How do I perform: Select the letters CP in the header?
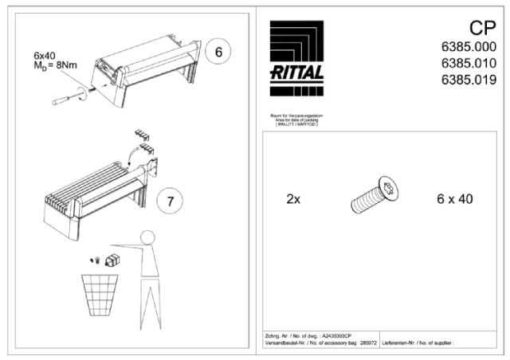[x=481, y=29]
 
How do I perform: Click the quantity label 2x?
[x=293, y=198]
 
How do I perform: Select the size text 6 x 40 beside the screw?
[x=455, y=198]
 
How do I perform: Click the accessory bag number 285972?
[x=368, y=344]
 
